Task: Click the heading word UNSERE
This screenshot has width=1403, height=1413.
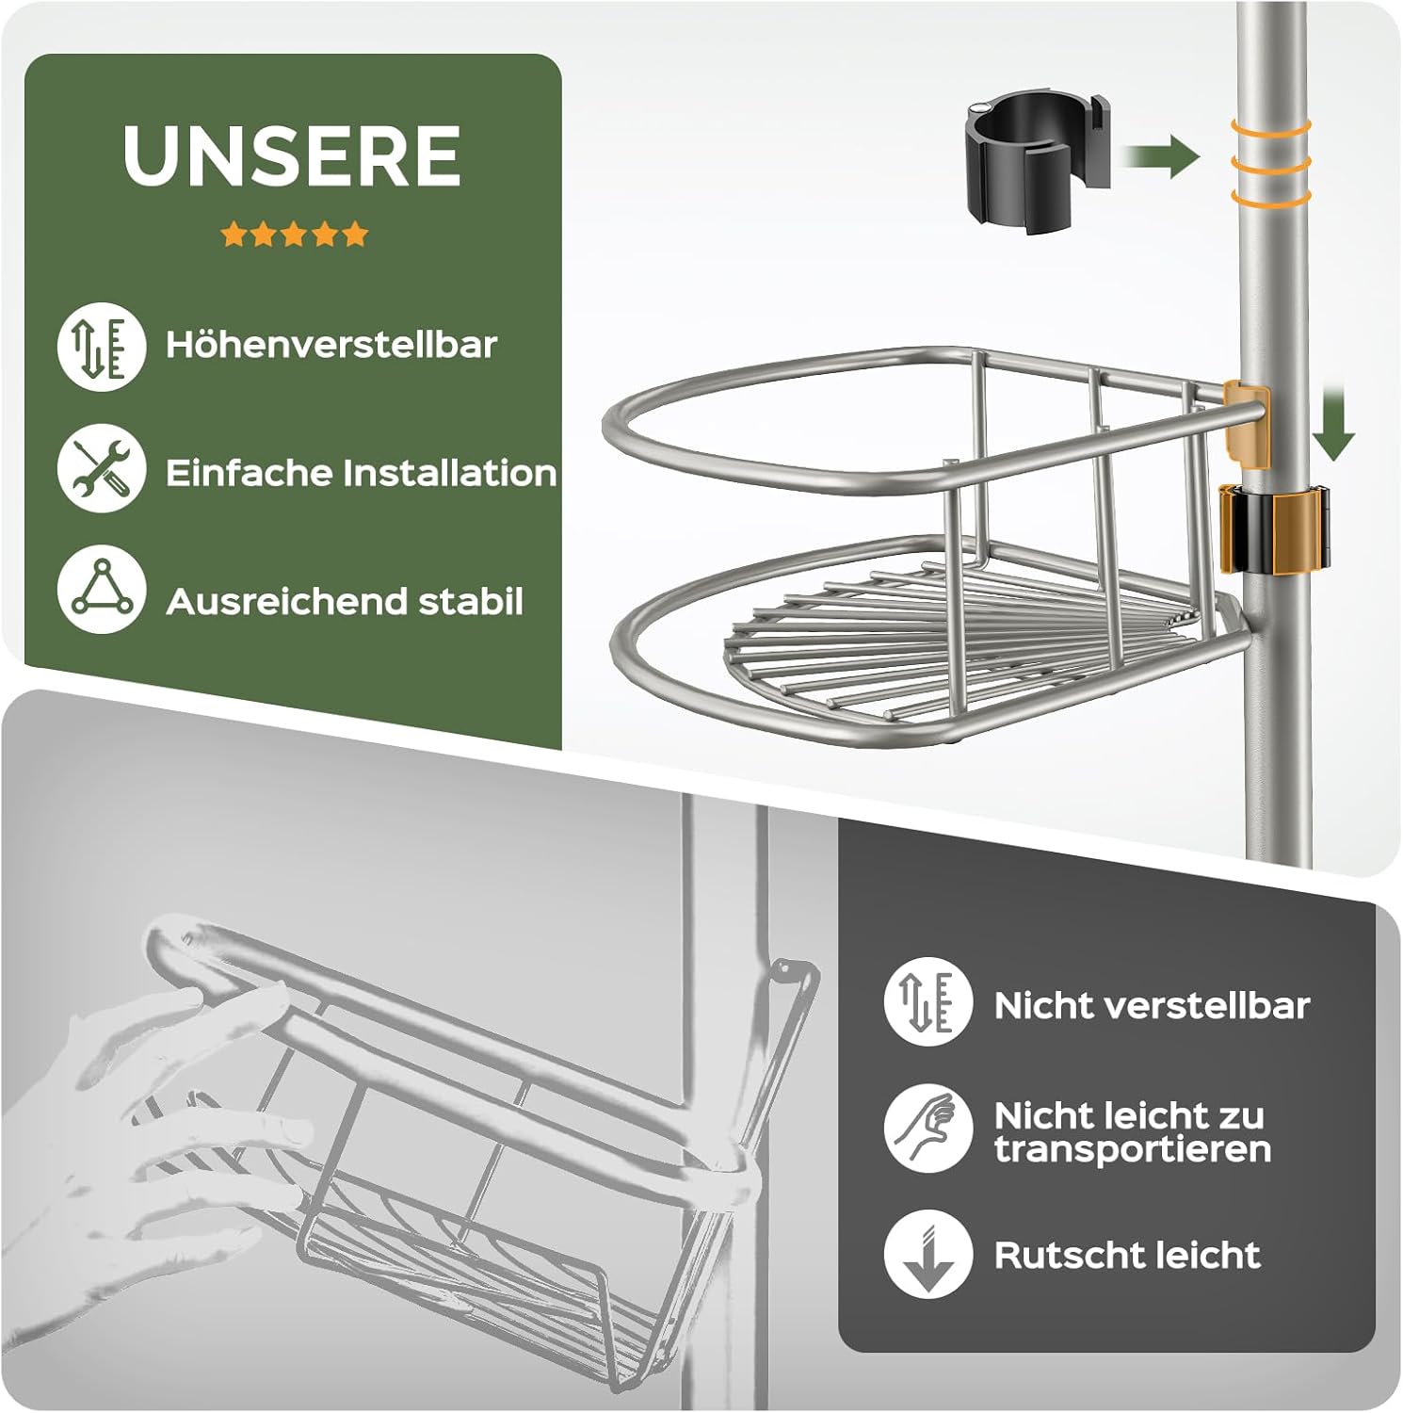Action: pos(292,155)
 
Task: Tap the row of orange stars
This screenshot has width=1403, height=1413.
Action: pos(294,235)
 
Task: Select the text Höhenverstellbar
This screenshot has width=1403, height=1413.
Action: pos(331,345)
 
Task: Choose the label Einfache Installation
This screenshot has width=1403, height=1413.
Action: pos(361,473)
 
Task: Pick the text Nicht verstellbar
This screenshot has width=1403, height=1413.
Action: pos(1152,1006)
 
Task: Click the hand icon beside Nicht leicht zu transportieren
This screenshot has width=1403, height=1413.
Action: pos(927,1128)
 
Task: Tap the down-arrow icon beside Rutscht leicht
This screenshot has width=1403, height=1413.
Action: pos(927,1255)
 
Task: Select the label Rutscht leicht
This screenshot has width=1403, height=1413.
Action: pos(1127,1255)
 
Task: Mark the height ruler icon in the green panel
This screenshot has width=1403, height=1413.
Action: pos(101,346)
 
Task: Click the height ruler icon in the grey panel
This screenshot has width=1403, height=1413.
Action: pos(927,1000)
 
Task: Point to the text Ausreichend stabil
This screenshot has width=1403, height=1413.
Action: pos(344,602)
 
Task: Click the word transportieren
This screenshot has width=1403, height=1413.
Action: pos(1133,1150)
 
